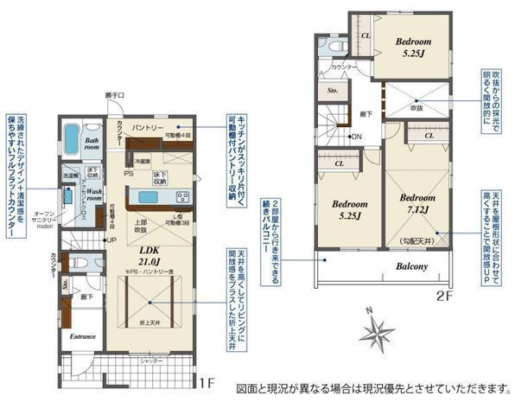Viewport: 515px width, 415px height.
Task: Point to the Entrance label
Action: coord(82,336)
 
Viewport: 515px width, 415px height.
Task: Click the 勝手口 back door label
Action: coord(115,94)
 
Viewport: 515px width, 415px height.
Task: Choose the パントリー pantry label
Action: coord(149,127)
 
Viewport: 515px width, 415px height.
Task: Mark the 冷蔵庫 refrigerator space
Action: coord(143,161)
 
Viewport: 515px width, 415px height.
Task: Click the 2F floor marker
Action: coord(443,294)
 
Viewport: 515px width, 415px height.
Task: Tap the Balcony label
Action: coord(412,266)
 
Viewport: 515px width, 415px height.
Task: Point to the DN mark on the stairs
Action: coord(355,137)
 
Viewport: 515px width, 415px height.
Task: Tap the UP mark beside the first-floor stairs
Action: coord(111,239)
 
